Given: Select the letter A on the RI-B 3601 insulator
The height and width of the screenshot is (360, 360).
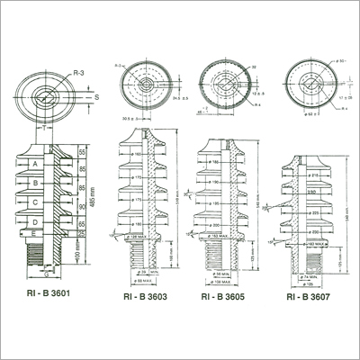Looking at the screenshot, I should click(x=34, y=165).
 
